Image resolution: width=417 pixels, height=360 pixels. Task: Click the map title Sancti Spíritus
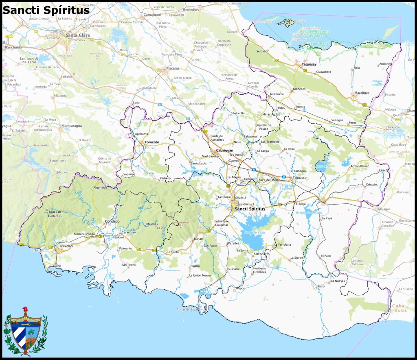tap(46, 10)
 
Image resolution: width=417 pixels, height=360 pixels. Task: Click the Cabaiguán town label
tap(224, 150)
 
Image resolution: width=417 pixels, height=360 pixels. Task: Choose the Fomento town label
tap(152, 142)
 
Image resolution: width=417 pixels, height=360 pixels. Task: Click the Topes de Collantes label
tap(55, 214)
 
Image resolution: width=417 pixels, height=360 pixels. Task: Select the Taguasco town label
tap(299, 178)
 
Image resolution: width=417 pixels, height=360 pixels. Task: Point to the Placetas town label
tap(173, 68)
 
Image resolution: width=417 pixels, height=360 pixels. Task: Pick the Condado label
tap(112, 221)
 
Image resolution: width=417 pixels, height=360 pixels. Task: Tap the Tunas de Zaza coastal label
tap(187, 310)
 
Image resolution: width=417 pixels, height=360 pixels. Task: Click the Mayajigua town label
tap(361, 93)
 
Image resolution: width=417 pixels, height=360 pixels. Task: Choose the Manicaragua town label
tap(72, 126)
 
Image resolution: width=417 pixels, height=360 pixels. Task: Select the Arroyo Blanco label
tap(360, 166)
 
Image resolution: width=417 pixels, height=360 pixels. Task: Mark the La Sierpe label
tap(296, 258)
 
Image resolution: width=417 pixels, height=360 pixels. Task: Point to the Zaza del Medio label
tap(269, 180)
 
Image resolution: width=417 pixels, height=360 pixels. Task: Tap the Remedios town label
tap(191, 9)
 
